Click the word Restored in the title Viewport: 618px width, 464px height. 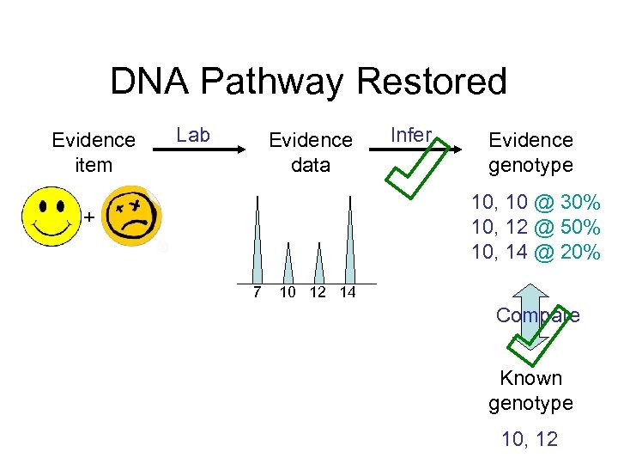[431, 82]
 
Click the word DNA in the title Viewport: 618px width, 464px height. [154, 82]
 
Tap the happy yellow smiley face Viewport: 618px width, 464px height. [51, 217]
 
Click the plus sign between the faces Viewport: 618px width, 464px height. [88, 217]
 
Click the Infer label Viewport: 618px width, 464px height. [410, 135]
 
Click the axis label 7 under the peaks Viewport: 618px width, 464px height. [257, 293]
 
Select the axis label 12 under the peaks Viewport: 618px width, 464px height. [318, 293]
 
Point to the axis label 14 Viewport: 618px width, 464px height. [348, 293]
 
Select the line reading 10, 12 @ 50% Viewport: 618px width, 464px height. [536, 228]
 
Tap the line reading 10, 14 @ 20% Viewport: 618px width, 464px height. [536, 252]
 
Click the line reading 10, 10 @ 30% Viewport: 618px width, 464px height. [536, 204]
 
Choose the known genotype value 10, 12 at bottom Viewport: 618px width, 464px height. [530, 440]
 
